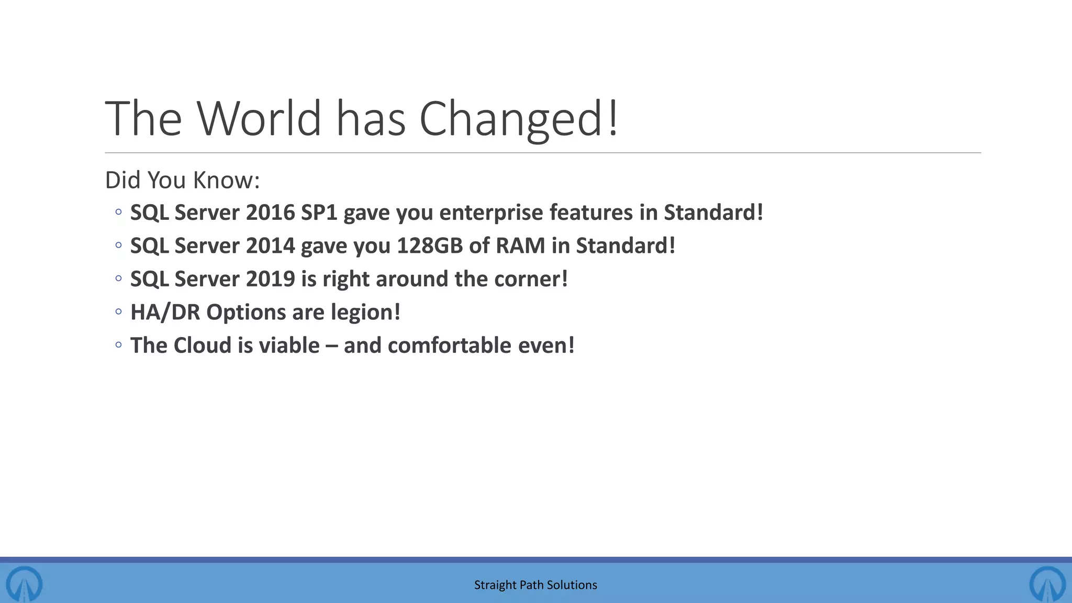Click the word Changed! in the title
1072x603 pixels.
point(518,119)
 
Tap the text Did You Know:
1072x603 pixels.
point(182,180)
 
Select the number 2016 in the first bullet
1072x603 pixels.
point(270,213)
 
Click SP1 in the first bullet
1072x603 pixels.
point(319,213)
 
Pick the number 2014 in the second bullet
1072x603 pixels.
point(270,245)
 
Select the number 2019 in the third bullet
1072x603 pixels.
point(270,279)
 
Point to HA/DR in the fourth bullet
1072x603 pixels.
point(165,312)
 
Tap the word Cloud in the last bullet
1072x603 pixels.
point(202,345)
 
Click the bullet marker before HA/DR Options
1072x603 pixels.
point(119,312)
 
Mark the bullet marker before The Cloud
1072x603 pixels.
point(119,345)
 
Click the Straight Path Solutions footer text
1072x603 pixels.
point(535,585)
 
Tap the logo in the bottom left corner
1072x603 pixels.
point(24,583)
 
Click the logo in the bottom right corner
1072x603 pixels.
point(1047,583)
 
